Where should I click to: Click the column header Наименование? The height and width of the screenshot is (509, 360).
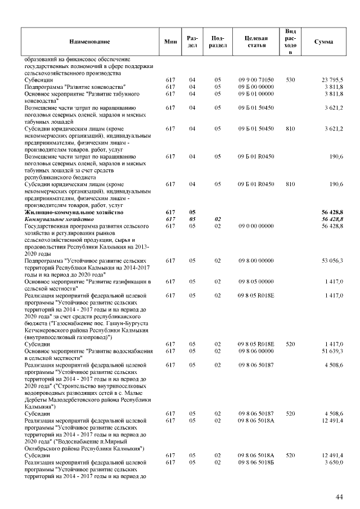(89, 42)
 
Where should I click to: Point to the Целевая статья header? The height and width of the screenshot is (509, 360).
(256, 42)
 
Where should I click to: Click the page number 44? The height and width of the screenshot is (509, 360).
(339, 497)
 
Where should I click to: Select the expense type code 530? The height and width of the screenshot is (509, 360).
(291, 80)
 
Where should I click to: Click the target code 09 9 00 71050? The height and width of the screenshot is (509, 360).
(256, 80)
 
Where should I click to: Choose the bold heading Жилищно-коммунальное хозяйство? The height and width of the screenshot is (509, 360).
(74, 212)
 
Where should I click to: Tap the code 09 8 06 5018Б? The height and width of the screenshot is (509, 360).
(256, 462)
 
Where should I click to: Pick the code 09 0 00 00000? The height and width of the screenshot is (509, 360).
(256, 226)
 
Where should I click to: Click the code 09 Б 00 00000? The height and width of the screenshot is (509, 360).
(256, 87)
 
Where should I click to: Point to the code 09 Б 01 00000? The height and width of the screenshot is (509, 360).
(256, 93)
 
